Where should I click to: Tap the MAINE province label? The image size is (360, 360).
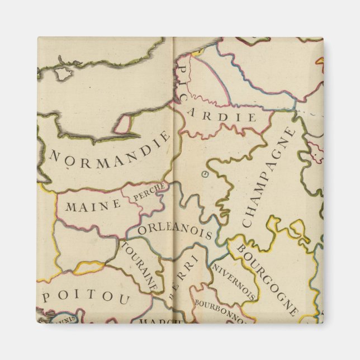pos(93,205)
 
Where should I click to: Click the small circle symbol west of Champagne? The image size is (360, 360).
pos(204,174)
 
